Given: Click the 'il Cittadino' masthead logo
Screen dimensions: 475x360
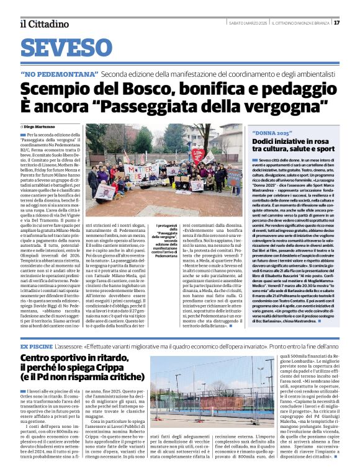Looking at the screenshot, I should [x=44, y=24].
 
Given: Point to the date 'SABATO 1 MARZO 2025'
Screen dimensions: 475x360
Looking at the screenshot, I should [x=248, y=23].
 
